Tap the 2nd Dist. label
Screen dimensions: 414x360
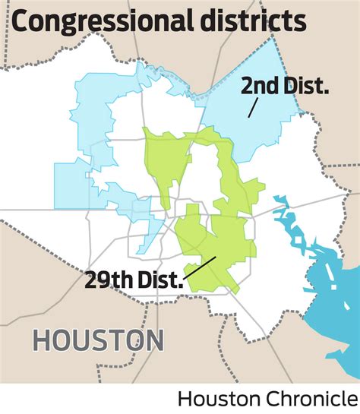284,86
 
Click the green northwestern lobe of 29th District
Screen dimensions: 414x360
163,160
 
